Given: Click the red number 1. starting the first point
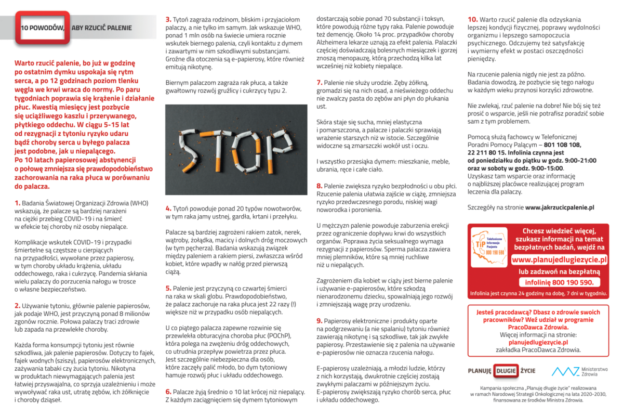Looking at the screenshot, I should point(17,203).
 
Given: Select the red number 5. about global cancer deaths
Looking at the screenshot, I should point(168,288).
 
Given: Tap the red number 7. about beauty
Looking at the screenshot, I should point(319,82).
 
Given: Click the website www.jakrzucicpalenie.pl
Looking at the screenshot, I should point(560,207).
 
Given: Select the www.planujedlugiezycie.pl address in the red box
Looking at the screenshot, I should point(559,259).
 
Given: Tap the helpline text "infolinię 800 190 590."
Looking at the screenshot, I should point(559,282).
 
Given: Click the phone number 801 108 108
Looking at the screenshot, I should point(562,145).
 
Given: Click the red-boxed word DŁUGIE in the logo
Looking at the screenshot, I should point(507,371).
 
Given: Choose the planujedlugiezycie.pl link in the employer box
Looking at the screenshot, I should point(538,342).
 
